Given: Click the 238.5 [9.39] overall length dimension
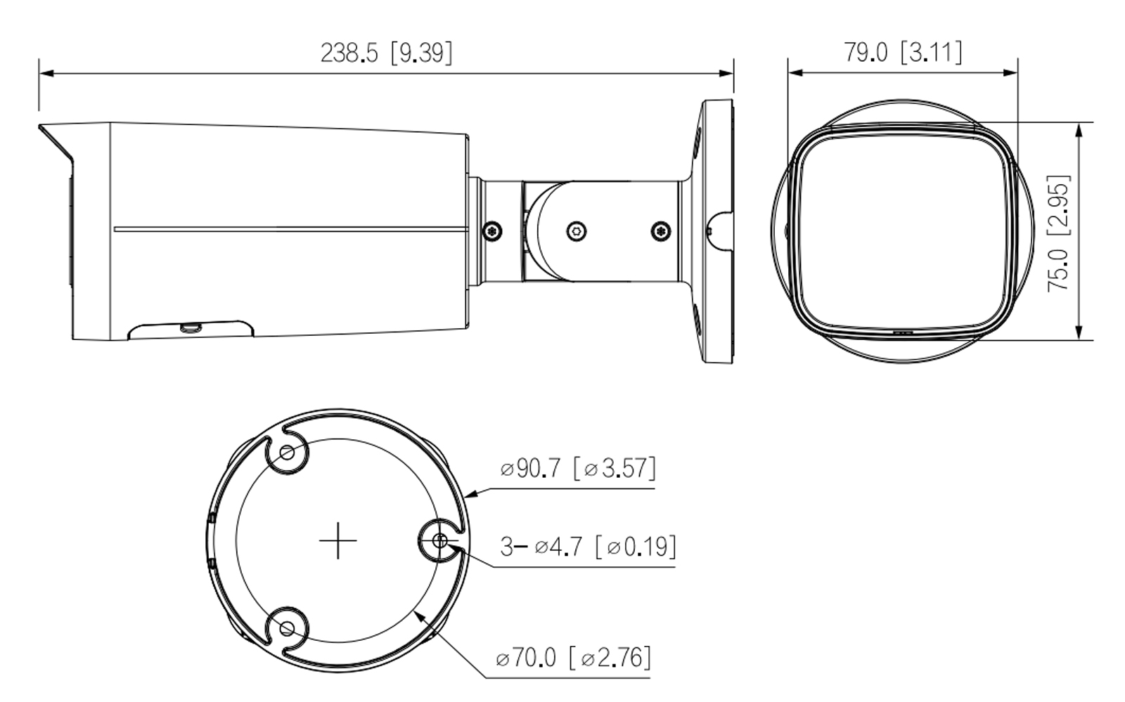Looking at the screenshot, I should [x=386, y=53].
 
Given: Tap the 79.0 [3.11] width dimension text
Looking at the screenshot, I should [x=903, y=52].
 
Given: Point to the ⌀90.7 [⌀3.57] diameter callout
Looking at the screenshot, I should [x=578, y=468].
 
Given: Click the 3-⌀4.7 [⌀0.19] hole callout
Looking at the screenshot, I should [x=588, y=546].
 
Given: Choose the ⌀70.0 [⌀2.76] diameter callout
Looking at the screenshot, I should [x=573, y=658].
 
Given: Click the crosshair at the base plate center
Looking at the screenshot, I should [x=338, y=540].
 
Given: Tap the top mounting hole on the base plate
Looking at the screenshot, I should [x=287, y=453].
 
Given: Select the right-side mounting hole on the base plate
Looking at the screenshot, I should [x=439, y=541].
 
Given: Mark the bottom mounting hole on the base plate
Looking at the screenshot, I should [x=287, y=628].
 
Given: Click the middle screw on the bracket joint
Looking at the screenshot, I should [x=577, y=230].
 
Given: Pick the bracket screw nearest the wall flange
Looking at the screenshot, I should [x=660, y=230].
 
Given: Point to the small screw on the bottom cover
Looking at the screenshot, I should [x=190, y=327].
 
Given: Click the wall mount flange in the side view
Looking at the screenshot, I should [x=717, y=232].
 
